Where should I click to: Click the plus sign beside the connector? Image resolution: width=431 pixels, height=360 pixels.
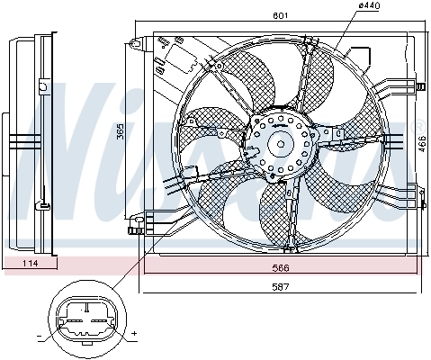pos(133,334)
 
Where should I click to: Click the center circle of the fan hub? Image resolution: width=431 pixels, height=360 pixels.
pos(281,142)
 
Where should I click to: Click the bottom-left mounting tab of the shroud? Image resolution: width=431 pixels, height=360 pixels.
pos(136,223)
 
